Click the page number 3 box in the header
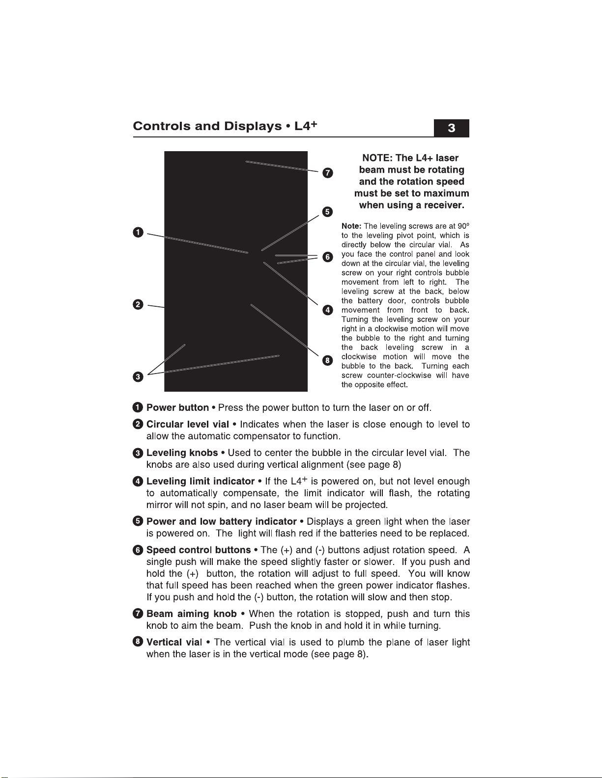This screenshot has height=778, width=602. pyautogui.click(x=451, y=129)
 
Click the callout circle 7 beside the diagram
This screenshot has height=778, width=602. pyautogui.click(x=327, y=173)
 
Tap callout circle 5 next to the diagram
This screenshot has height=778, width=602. pyautogui.click(x=327, y=212)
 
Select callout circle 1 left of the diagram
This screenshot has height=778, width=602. pyautogui.click(x=138, y=232)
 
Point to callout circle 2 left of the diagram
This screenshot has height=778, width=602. pyautogui.click(x=138, y=305)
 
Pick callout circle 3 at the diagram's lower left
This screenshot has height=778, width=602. pyautogui.click(x=138, y=377)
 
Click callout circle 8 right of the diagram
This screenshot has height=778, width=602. pyautogui.click(x=327, y=361)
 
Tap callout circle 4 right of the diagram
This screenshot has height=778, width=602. pyautogui.click(x=327, y=310)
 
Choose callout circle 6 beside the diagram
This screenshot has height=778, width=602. pyautogui.click(x=327, y=257)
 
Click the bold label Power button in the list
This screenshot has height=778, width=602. pyautogui.click(x=177, y=408)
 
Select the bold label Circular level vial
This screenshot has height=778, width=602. pyautogui.click(x=187, y=425)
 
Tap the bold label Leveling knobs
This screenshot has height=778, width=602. pyautogui.click(x=182, y=453)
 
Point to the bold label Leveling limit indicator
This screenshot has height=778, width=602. pyautogui.click(x=200, y=482)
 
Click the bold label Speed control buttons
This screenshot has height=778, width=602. pyautogui.click(x=199, y=550)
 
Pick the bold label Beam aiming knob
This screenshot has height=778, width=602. pyautogui.click(x=191, y=614)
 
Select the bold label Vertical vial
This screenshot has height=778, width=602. pyautogui.click(x=174, y=643)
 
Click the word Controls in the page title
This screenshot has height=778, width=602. pyautogui.click(x=162, y=126)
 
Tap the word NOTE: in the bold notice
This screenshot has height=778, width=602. pyautogui.click(x=377, y=158)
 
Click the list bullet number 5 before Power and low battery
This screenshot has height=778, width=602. pyautogui.click(x=138, y=522)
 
